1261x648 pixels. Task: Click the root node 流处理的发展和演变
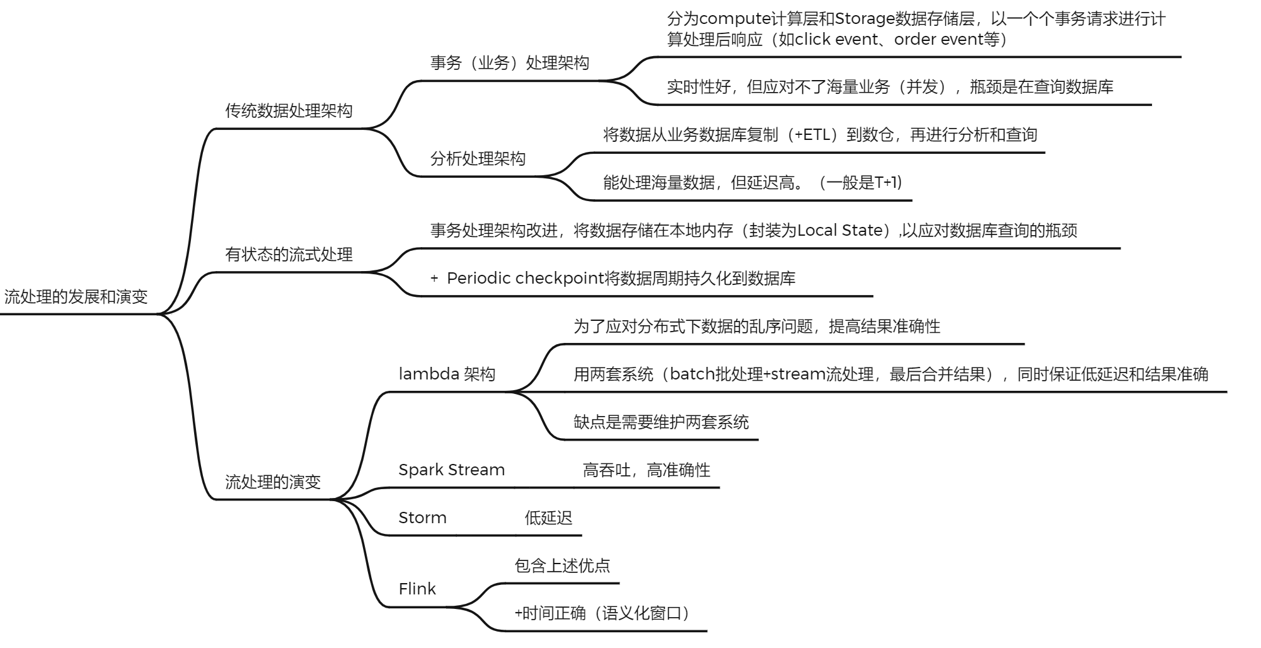click(x=76, y=297)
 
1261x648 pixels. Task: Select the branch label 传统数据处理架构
click(x=289, y=111)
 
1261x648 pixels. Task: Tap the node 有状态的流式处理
click(x=289, y=255)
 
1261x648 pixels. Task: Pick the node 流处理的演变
click(x=273, y=482)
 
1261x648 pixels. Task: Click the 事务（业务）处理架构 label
click(x=509, y=63)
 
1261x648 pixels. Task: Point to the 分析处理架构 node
click(x=478, y=159)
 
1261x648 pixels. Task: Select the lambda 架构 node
click(x=447, y=374)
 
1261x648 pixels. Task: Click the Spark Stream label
click(x=451, y=470)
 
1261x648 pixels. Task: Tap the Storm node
click(x=422, y=518)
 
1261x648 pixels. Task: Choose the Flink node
click(x=417, y=589)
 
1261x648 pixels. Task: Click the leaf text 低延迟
click(x=548, y=518)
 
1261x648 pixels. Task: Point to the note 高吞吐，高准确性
click(x=646, y=470)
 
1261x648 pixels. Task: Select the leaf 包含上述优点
click(x=562, y=566)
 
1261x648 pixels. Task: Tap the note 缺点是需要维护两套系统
click(x=660, y=422)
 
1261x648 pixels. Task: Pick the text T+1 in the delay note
click(x=887, y=183)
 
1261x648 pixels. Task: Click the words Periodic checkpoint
click(x=524, y=279)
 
